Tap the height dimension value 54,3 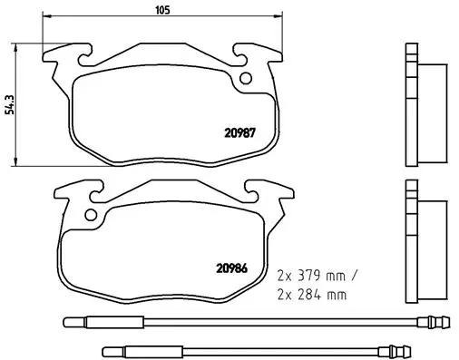click(x=8, y=104)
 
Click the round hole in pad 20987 click(x=245, y=78)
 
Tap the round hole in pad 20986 click(x=90, y=216)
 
